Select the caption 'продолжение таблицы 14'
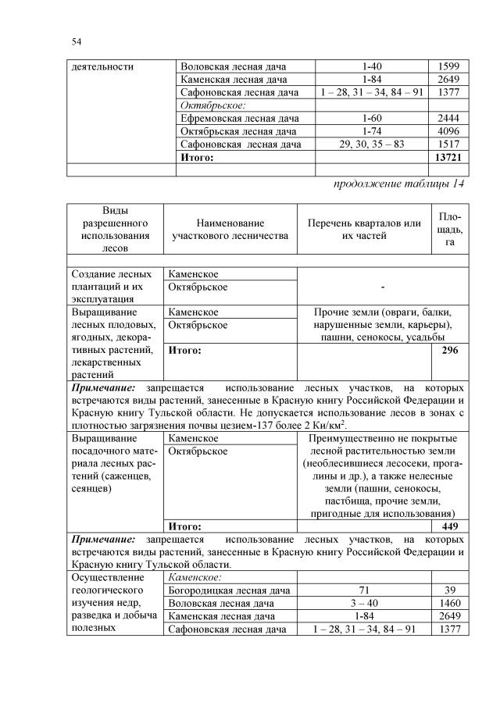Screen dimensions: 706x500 click(400, 184)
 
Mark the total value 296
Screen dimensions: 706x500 click(449, 351)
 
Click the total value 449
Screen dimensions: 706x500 click(449, 526)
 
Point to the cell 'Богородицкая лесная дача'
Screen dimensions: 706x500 click(230, 590)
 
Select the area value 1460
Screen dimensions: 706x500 click(449, 604)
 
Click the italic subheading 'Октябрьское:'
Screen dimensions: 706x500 click(213, 105)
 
